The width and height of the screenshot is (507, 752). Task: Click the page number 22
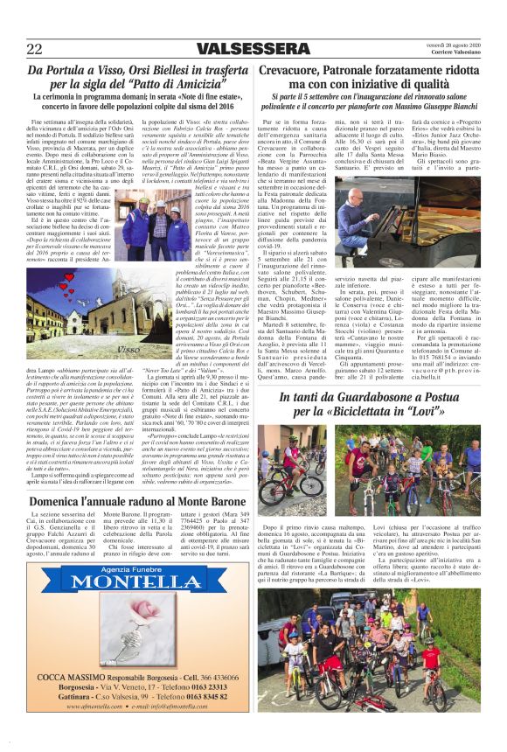36,48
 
